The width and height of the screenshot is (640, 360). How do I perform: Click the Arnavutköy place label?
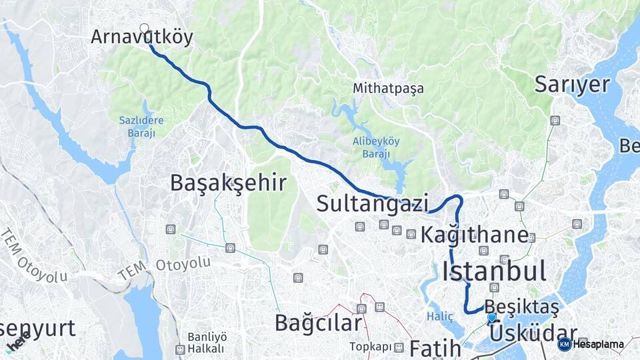tap(141, 37)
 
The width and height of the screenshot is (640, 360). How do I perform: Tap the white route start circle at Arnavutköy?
tap(145, 28)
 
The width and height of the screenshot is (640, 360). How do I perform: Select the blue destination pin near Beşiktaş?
tap(492, 319)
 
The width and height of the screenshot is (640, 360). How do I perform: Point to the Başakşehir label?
tap(228, 183)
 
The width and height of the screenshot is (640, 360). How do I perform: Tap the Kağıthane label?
tap(475, 235)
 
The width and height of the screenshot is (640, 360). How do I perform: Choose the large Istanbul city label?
tap(494, 271)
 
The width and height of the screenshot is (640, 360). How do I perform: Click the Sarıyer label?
tap(572, 85)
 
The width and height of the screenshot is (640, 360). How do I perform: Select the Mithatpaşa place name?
tap(388, 88)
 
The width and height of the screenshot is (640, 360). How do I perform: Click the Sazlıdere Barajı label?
tap(137, 126)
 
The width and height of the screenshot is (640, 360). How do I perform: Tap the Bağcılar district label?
tap(319, 324)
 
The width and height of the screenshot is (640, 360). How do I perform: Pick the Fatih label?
tap(435, 347)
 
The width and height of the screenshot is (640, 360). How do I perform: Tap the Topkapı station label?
tap(371, 347)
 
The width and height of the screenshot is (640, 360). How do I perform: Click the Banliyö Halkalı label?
tap(207, 342)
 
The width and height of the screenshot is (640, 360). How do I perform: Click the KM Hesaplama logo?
tap(592, 344)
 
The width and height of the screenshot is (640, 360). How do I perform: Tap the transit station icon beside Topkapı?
tap(399, 347)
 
